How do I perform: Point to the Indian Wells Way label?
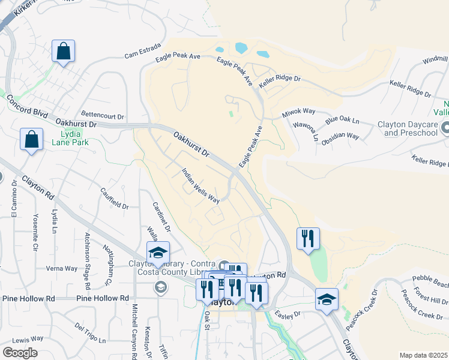(200, 185)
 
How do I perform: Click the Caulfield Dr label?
(114, 197)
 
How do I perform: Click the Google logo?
(19, 353)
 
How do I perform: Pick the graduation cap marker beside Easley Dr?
(327, 299)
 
